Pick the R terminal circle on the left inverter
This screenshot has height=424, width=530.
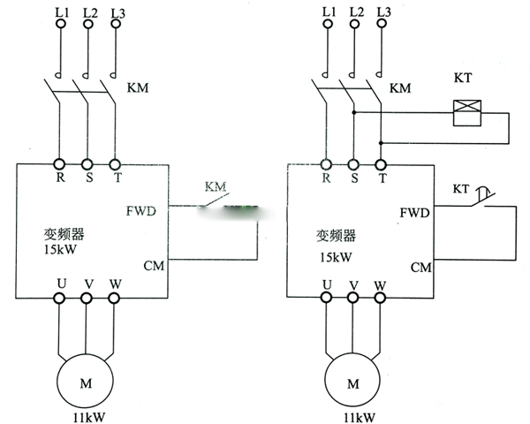click(x=60, y=163)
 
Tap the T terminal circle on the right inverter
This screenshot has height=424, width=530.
click(x=382, y=163)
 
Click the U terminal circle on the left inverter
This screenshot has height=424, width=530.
click(x=60, y=299)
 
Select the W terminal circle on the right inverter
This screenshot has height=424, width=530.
click(x=382, y=299)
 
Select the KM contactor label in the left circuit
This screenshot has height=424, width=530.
click(x=140, y=88)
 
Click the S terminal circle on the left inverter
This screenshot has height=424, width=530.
click(x=87, y=163)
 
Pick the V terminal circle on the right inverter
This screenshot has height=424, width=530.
click(x=354, y=299)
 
